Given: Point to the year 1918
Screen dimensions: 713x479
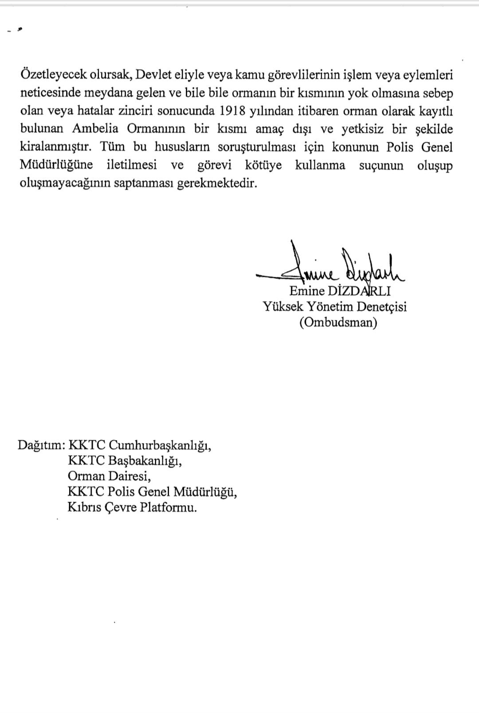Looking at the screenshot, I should [233, 111].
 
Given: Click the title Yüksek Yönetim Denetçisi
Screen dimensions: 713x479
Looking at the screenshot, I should [334, 306].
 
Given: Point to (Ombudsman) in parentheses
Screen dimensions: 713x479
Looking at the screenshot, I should [338, 322].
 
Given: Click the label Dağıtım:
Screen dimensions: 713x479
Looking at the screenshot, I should [42, 445].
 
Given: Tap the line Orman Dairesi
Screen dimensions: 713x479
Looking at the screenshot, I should [109, 476].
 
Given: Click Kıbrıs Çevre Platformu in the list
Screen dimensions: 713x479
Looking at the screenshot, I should [132, 508].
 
